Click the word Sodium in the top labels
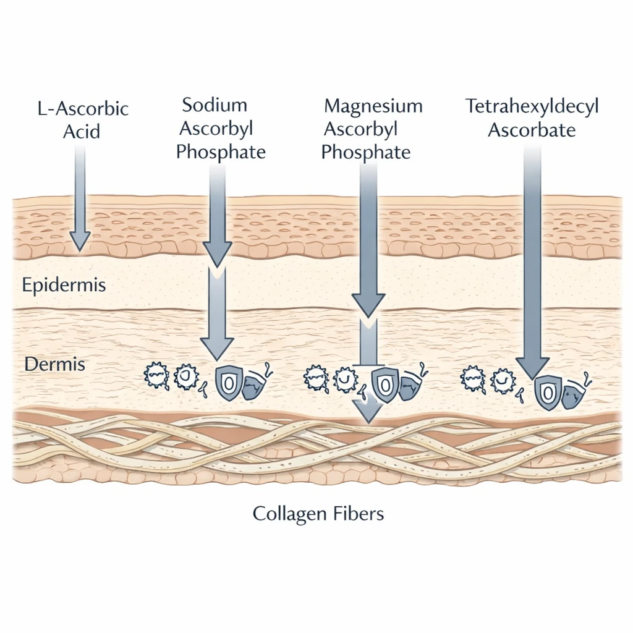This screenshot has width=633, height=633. click(x=215, y=104)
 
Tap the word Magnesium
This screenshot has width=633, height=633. click(x=373, y=106)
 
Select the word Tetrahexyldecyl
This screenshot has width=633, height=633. click(x=532, y=106)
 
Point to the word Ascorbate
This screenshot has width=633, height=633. click(x=532, y=130)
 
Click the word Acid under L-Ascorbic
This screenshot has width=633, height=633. click(x=81, y=132)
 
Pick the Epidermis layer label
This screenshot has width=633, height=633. click(x=64, y=286)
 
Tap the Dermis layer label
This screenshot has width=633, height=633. click(x=54, y=364)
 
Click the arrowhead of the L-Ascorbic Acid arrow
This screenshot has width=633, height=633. click(x=80, y=240)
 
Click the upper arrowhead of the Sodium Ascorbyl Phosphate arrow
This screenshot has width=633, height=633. click(x=218, y=255)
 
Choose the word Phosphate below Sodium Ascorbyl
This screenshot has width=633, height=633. click(x=221, y=152)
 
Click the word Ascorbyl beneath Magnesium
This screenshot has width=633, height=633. click(x=361, y=130)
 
